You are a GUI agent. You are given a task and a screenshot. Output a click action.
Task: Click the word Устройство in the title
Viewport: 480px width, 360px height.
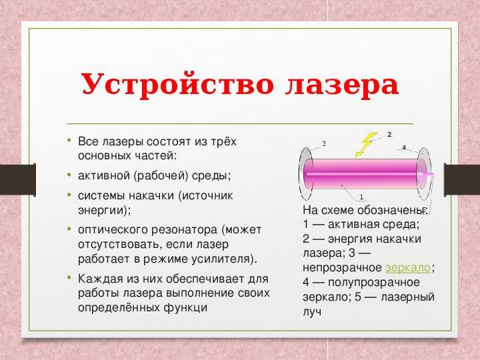177,85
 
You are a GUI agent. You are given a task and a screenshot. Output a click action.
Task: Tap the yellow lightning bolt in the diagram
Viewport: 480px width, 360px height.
366,145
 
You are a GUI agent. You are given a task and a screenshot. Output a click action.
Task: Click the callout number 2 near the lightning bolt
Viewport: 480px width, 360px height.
389,135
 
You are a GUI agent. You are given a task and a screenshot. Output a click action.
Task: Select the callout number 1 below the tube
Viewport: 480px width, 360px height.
361,197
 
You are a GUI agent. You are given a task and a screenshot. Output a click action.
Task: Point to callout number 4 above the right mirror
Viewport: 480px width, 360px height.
404,147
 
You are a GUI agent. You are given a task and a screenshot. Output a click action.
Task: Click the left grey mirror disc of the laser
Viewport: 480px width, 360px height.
306,174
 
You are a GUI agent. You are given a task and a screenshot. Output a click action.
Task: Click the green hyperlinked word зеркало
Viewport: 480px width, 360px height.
408,268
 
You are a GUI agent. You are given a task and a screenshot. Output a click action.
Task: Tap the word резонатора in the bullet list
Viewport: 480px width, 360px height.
184,230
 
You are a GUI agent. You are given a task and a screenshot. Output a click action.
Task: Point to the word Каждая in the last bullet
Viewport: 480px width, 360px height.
99,279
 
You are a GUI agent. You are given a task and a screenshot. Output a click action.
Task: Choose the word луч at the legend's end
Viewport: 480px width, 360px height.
312,311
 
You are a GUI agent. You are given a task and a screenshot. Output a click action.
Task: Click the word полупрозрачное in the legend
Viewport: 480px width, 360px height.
374,283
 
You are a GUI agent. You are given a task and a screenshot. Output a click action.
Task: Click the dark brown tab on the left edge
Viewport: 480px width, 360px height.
18,180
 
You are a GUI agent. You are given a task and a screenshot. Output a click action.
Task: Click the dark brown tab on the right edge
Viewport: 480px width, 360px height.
462,180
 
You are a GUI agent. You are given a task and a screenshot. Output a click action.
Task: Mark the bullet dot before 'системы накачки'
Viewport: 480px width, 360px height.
69,194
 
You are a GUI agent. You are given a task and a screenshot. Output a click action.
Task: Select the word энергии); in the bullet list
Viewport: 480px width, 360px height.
105,211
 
